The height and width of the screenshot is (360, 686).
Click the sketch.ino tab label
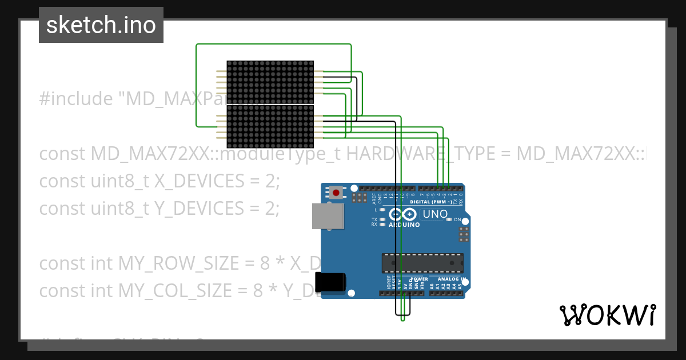[x=101, y=25]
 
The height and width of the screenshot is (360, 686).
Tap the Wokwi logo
[x=607, y=315]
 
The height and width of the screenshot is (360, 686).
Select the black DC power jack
[x=330, y=282]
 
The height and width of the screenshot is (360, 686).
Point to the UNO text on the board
[x=434, y=214]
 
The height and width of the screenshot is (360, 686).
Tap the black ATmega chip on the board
[x=422, y=263]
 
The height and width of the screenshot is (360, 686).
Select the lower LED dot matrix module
[x=270, y=126]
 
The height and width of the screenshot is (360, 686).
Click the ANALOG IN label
[x=452, y=279]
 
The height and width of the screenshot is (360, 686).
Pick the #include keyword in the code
[x=76, y=99]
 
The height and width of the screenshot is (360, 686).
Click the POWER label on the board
[x=419, y=279]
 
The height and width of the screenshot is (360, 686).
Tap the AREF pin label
[x=374, y=199]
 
